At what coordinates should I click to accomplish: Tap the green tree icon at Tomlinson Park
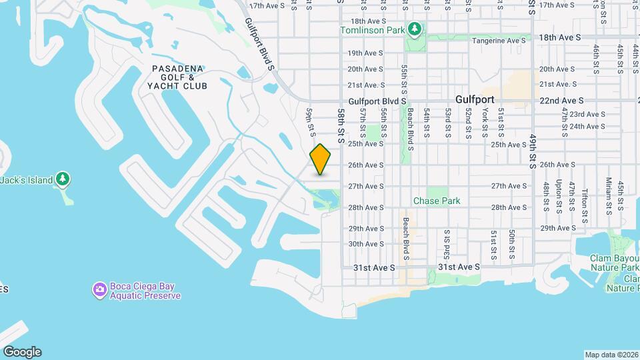(415, 29)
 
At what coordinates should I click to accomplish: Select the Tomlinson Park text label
(373, 30)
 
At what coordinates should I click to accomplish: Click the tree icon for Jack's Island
(63, 179)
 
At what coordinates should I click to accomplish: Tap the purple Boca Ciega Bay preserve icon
(99, 290)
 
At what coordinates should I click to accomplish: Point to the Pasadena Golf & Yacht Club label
(179, 77)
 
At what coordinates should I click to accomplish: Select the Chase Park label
(437, 201)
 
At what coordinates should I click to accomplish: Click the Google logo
(21, 351)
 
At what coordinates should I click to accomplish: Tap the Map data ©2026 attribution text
(611, 355)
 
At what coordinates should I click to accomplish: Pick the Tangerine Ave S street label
(499, 41)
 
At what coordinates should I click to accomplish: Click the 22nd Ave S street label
(562, 100)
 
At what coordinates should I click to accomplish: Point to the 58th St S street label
(340, 127)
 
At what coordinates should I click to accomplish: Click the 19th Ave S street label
(365, 53)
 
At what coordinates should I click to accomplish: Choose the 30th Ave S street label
(365, 244)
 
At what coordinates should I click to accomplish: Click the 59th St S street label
(310, 121)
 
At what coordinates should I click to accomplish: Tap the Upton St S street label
(559, 195)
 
